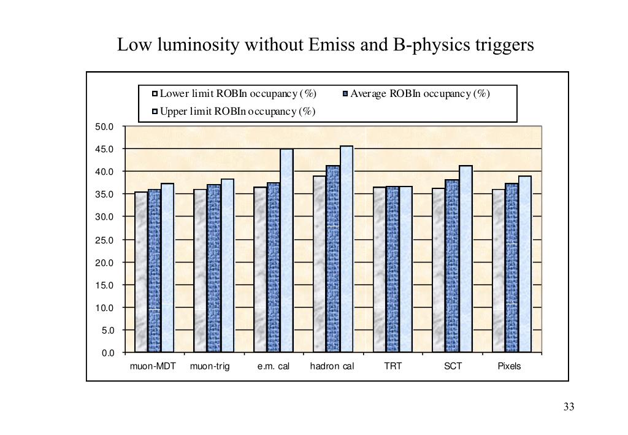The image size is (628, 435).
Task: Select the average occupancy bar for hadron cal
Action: click(332, 258)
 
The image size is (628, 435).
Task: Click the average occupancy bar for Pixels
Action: click(511, 268)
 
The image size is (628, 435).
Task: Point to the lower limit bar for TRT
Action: click(379, 269)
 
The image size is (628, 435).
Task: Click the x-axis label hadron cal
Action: click(332, 366)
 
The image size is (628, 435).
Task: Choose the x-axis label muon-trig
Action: click(210, 366)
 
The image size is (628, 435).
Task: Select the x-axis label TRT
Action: click(392, 366)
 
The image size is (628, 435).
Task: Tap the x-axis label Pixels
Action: click(509, 366)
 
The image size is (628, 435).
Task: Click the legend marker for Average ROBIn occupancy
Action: click(345, 94)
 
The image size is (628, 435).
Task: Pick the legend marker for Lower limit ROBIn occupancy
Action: click(155, 94)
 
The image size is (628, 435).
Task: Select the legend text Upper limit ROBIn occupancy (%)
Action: click(238, 111)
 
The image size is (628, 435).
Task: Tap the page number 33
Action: click(569, 407)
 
